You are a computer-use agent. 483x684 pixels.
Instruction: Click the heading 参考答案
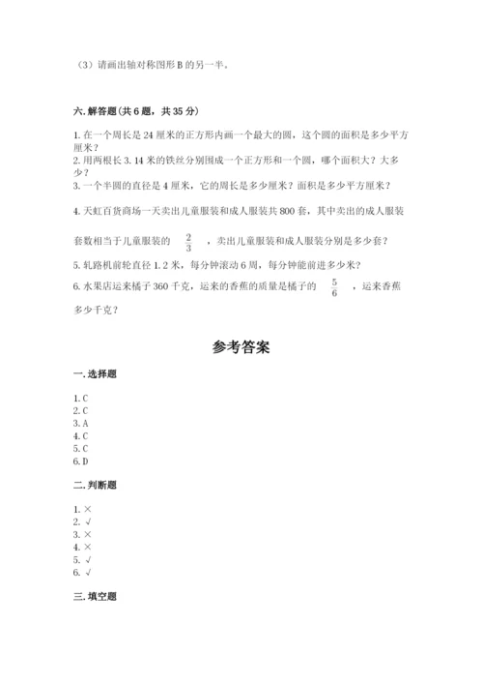point(241,347)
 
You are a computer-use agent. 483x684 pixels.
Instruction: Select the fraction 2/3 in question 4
point(188,242)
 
